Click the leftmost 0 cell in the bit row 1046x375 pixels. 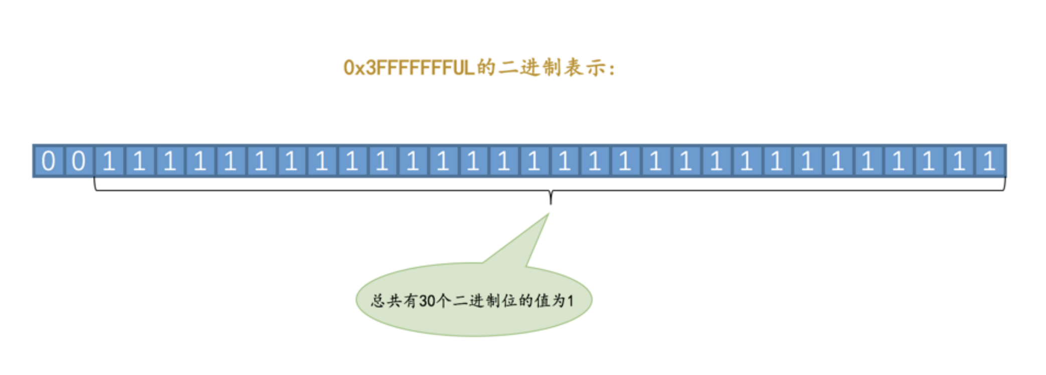(49, 161)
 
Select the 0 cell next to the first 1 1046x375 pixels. (79, 161)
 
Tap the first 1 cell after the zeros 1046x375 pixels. (109, 161)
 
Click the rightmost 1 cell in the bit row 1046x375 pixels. (989, 161)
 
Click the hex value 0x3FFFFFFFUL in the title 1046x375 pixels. (409, 68)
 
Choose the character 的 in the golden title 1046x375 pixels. (486, 68)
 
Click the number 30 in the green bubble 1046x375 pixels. (427, 301)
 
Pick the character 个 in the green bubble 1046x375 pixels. (444, 301)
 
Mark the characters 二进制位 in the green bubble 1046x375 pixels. (485, 301)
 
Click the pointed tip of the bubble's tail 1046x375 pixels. (549, 214)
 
